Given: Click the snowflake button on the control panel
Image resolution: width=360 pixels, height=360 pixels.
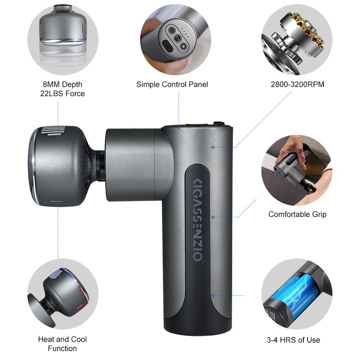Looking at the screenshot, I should (x=183, y=46).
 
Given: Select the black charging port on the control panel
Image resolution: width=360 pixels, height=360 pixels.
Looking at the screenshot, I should (x=166, y=45).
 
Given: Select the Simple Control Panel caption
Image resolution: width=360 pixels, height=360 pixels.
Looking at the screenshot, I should (x=172, y=84).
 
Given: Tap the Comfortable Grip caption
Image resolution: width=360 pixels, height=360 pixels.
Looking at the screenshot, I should (x=297, y=214).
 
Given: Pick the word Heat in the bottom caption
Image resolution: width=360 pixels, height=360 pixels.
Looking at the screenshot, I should (x=46, y=339).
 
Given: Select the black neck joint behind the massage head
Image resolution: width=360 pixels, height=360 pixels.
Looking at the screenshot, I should (x=100, y=165).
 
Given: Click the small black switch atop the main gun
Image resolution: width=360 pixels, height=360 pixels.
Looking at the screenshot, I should (x=219, y=124).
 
